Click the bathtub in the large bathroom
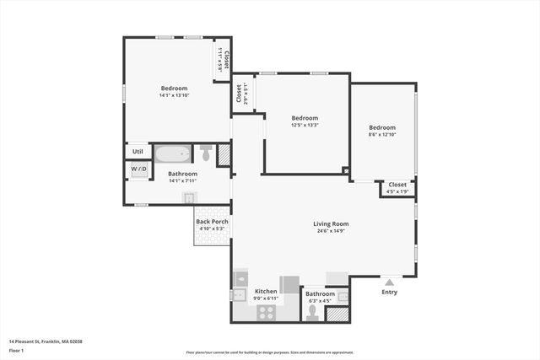pyautogui.click(x=173, y=155)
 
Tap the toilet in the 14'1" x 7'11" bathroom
pyautogui.click(x=205, y=153)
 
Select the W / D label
pyautogui.click(x=138, y=169)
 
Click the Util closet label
pyautogui.click(x=138, y=152)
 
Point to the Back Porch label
pyautogui.click(x=213, y=222)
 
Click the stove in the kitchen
pyautogui.click(x=267, y=312)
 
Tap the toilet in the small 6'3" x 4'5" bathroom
pyautogui.click(x=312, y=313)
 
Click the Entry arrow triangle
pyautogui.click(x=389, y=282)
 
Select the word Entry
pyautogui.click(x=389, y=293)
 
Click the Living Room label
pyautogui.click(x=331, y=223)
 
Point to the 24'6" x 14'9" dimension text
pyautogui.click(x=331, y=231)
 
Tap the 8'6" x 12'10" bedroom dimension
pyautogui.click(x=381, y=135)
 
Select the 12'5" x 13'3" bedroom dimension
pyautogui.click(x=305, y=125)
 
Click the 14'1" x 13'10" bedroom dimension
pyautogui.click(x=175, y=95)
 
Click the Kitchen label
pyautogui.click(x=266, y=291)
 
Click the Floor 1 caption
pyautogui.click(x=16, y=349)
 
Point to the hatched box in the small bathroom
pyautogui.click(x=337, y=314)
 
